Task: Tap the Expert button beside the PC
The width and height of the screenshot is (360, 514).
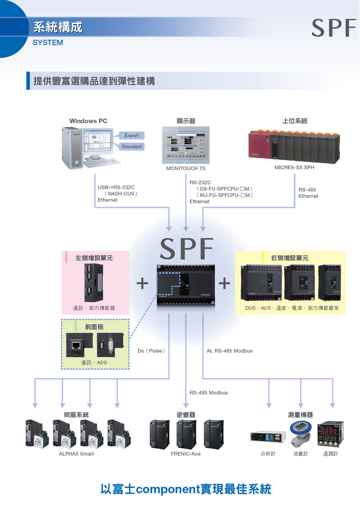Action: [131, 135]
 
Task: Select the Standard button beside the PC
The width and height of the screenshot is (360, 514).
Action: [131, 146]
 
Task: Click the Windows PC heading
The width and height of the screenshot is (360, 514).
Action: [88, 121]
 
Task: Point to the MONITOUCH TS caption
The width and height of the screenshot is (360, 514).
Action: [186, 168]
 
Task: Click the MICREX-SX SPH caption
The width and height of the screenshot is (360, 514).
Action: [295, 167]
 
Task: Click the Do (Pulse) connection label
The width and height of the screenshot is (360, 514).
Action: [151, 351]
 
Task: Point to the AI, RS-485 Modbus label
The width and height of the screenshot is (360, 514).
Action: [229, 351]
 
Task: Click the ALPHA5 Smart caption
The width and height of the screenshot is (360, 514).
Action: [76, 454]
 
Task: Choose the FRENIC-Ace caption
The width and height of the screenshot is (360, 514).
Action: [186, 454]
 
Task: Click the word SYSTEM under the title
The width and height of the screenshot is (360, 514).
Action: [48, 42]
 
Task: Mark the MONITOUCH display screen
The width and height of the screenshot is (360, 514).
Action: [186, 145]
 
